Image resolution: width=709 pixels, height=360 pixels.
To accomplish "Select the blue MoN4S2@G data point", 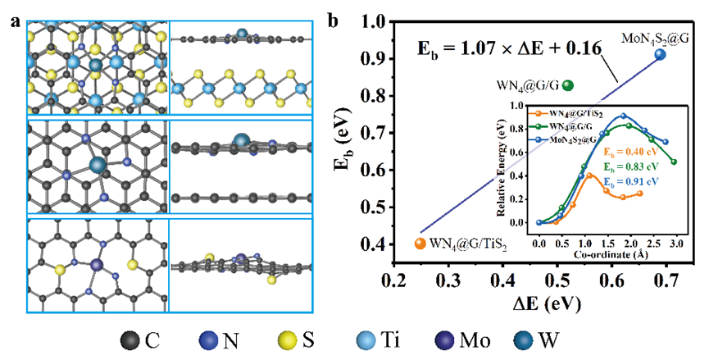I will [x=660, y=54].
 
